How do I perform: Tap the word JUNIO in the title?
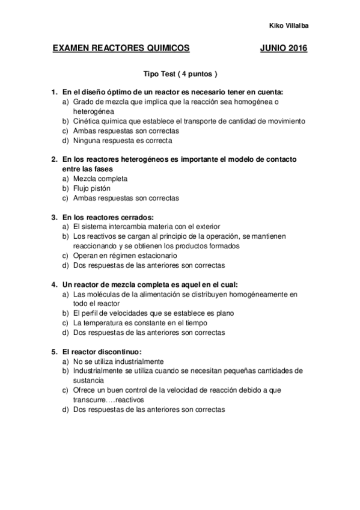click(272, 48)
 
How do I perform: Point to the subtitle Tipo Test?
click(159, 75)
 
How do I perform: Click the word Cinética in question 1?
click(86, 121)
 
